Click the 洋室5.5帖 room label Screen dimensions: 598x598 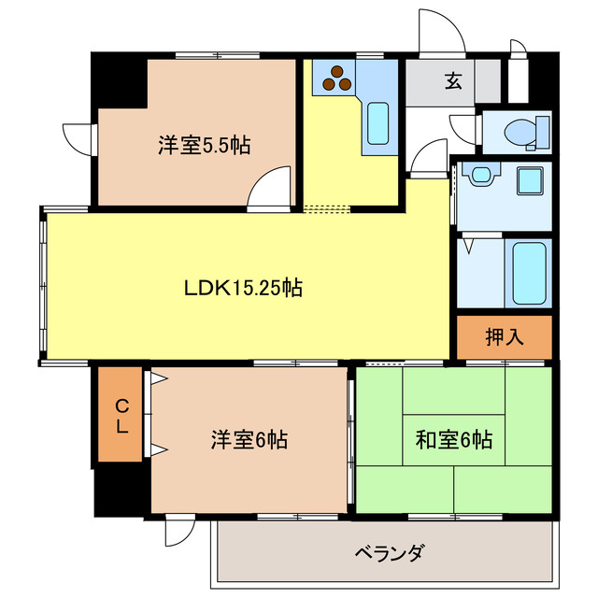[204, 146]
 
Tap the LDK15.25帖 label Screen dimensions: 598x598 [241, 289]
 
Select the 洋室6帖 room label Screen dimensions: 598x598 [248, 439]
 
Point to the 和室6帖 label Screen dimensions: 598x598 [454, 439]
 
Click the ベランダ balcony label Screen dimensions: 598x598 [390, 551]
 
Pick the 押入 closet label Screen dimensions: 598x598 [505, 337]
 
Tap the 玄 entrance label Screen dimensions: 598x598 [453, 82]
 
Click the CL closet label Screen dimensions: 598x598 [121, 416]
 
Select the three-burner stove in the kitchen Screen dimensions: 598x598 [335, 79]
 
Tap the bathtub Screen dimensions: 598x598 [528, 273]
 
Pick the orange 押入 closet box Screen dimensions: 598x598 [505, 337]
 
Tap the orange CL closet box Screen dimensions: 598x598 [121, 416]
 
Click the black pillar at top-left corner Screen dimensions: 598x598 [118, 80]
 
